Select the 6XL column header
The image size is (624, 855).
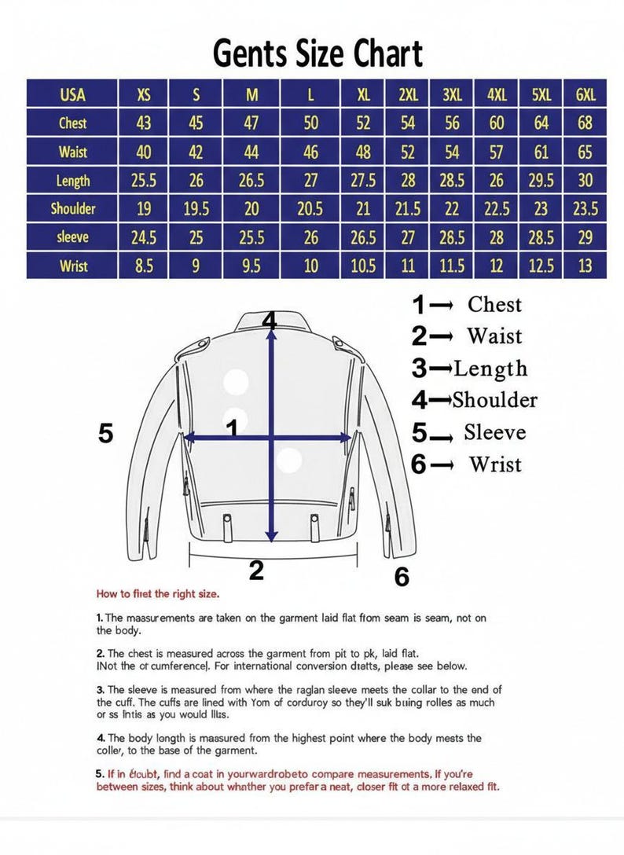click(x=585, y=95)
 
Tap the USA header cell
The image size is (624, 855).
click(x=72, y=95)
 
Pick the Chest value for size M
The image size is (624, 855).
click(x=251, y=123)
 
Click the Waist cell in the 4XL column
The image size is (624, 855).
click(x=497, y=151)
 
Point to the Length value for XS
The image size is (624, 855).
click(x=144, y=181)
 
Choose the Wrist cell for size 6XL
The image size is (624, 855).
click(x=585, y=266)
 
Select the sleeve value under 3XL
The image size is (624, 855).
click(x=452, y=237)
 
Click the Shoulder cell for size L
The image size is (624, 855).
click(x=311, y=209)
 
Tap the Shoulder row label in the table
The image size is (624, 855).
click(x=72, y=209)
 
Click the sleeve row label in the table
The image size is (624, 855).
click(x=72, y=237)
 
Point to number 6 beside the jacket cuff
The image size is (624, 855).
click(x=402, y=578)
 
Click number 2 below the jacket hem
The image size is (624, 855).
click(x=256, y=571)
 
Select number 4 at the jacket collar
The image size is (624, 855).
click(x=270, y=321)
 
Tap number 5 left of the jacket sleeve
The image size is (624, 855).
click(x=106, y=433)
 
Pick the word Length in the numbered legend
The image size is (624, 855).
click(x=490, y=369)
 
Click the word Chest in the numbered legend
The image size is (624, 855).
click(x=494, y=304)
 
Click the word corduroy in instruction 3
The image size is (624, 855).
click(x=281, y=702)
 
